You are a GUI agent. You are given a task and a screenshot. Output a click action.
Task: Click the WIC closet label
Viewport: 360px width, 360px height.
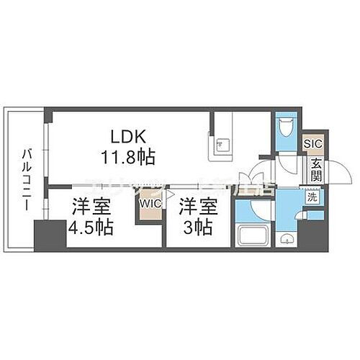pos(150,204)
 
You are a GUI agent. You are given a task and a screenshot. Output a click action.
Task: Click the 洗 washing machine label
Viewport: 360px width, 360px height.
pos(313,196)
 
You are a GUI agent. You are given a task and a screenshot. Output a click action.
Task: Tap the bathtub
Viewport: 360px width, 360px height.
pos(253,236)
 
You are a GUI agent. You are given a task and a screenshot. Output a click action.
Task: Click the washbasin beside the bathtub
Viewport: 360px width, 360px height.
pos(287,238)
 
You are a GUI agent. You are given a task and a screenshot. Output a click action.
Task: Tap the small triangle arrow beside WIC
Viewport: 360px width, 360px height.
pos(171,194)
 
